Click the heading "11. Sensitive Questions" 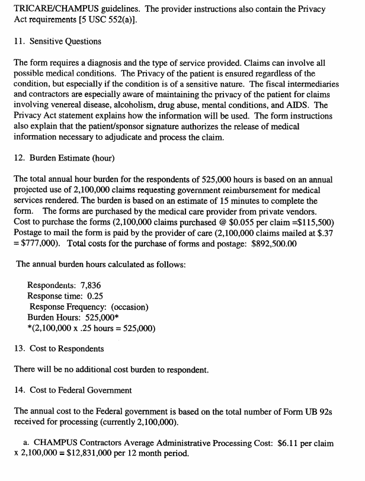point(57,41)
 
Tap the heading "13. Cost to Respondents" point(59,348)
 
